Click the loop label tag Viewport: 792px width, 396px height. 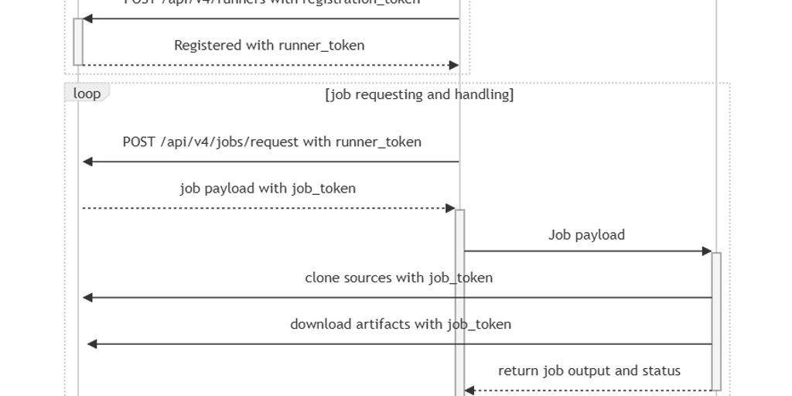tap(87, 94)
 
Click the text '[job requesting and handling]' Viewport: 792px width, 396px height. tap(419, 94)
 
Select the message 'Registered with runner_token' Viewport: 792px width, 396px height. tap(269, 46)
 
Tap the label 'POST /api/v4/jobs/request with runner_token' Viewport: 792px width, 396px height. tap(271, 142)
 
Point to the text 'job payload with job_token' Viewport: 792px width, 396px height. tap(268, 188)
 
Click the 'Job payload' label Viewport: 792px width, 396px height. tap(586, 235)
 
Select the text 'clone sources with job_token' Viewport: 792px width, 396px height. tap(398, 278)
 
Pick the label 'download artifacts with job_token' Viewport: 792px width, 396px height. tap(400, 324)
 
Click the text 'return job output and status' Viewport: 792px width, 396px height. tap(589, 370)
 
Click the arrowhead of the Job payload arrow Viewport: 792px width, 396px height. tap(706, 251)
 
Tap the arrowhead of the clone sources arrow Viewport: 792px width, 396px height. tap(88, 298)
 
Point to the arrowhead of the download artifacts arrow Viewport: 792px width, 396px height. tap(93, 344)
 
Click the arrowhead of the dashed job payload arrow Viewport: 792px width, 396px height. tap(450, 208)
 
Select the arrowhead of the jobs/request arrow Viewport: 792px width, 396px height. tap(88, 162)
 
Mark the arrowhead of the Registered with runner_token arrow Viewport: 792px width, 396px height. tap(454, 66)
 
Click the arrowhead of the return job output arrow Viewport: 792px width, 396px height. tap(469, 391)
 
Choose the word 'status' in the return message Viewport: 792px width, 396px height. tap(661, 370)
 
